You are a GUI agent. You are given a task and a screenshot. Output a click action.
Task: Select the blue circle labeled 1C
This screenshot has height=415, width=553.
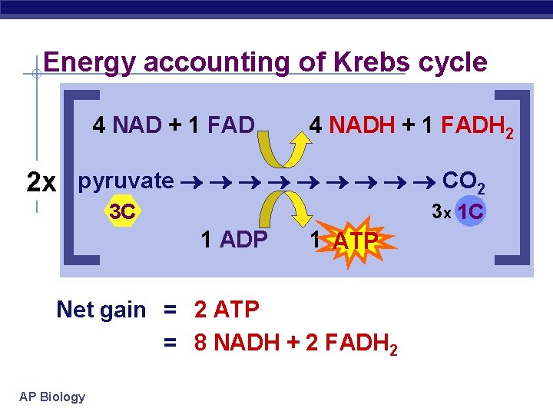(469, 212)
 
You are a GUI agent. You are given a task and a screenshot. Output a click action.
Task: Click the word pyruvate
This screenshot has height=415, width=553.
(126, 181)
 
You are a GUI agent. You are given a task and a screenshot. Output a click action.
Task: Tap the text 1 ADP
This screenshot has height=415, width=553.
(233, 240)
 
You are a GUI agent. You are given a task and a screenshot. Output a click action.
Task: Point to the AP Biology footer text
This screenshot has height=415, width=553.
(52, 397)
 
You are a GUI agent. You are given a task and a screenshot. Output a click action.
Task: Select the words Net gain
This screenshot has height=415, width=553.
(101, 310)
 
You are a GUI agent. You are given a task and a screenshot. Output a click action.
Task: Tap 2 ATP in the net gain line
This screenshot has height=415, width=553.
(227, 310)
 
